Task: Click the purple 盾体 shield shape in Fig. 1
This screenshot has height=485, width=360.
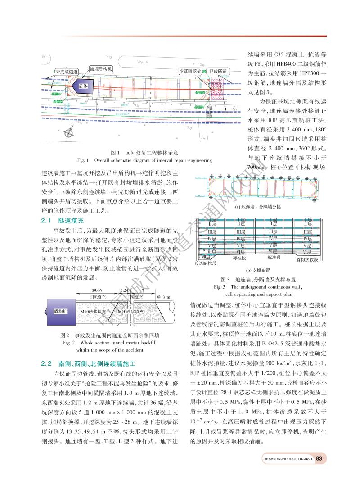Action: coord(84,85)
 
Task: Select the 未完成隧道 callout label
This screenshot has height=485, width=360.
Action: coord(66,72)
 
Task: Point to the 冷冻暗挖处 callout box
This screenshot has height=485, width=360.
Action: coord(190,71)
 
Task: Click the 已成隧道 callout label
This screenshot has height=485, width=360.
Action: coord(218,71)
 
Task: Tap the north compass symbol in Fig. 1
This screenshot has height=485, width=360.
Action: coord(68,132)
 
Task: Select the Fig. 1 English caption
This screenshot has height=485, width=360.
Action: coord(139,160)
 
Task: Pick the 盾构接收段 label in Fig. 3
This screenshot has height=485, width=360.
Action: coord(307,259)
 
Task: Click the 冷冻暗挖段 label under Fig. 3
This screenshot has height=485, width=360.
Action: coord(205,263)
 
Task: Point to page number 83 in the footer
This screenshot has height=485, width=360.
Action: coord(319,459)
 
